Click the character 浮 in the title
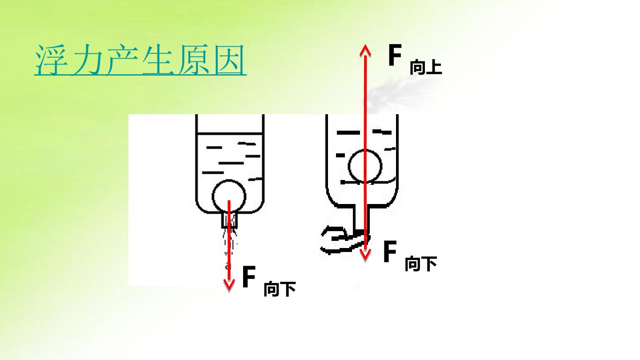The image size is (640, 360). click(x=51, y=60)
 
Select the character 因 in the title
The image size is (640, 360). click(x=230, y=60)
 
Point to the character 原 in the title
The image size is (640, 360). click(x=194, y=60)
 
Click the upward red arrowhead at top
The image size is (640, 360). click(x=365, y=50)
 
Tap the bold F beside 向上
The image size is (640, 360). click(x=395, y=55)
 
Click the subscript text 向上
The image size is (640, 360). click(x=426, y=68)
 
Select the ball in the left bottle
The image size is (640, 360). click(x=229, y=196)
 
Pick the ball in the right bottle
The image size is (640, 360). click(x=365, y=166)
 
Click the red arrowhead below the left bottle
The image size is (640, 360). click(x=229, y=285)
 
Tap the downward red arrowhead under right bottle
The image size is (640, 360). click(x=365, y=255)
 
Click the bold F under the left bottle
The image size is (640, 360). click(x=249, y=276)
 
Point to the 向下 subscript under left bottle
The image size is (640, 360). click(x=280, y=289)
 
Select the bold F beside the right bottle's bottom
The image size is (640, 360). click(x=390, y=251)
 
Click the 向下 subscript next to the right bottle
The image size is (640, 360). click(x=421, y=264)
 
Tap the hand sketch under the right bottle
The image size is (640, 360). click(x=344, y=240)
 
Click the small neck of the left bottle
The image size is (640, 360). click(x=229, y=220)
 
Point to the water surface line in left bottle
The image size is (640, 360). click(x=229, y=133)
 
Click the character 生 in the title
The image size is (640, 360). click(x=158, y=60)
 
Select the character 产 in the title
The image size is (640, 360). click(x=123, y=60)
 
